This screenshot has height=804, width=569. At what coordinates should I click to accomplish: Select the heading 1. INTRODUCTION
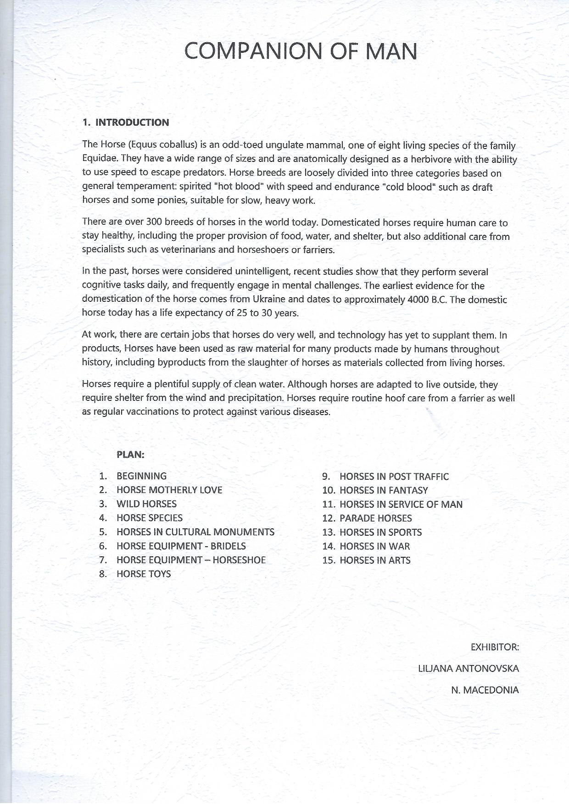point(126,122)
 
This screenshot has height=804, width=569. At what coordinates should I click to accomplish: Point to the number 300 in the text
point(154,222)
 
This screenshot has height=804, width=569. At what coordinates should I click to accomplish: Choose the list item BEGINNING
point(141,476)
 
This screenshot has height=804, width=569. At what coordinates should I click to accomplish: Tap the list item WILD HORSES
point(146,504)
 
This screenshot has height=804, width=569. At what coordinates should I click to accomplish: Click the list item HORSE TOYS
point(144,574)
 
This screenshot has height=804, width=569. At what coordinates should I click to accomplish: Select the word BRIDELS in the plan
point(228,546)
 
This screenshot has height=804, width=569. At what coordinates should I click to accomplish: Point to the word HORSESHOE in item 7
point(239,560)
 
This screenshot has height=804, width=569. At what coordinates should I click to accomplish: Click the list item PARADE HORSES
point(375,519)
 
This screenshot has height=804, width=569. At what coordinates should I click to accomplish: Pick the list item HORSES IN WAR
point(374,546)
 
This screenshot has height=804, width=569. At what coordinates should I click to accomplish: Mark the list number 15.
point(329,560)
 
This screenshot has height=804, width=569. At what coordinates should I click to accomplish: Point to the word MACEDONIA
point(491,690)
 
